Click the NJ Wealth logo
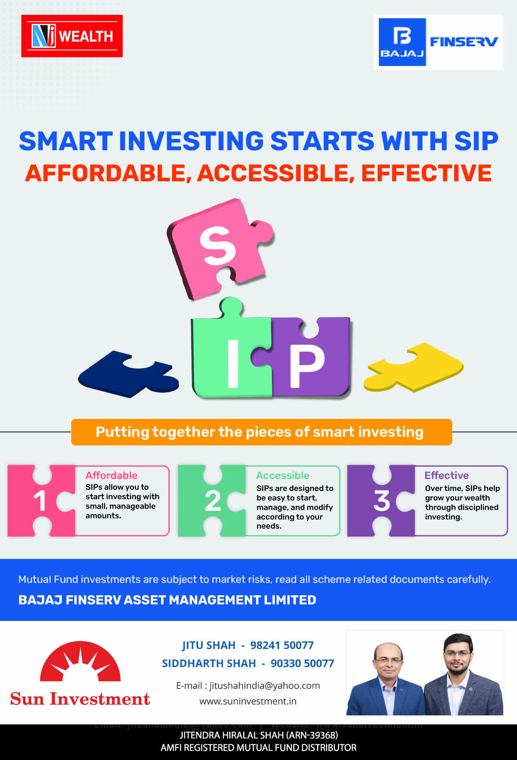[x=72, y=36]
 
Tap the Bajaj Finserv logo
[x=438, y=42]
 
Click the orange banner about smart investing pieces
[x=261, y=432]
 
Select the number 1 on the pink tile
[x=40, y=501]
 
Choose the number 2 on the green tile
[x=213, y=501]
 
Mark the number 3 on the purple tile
[x=382, y=501]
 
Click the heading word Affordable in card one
[x=111, y=475]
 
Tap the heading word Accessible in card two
[x=282, y=475]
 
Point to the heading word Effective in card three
[x=447, y=475]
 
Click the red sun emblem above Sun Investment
[x=80, y=661]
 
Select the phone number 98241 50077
[x=282, y=645]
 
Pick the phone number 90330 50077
[x=302, y=664]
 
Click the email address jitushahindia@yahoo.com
[x=265, y=685]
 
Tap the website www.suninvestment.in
[x=248, y=701]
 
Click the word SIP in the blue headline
[x=476, y=141]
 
